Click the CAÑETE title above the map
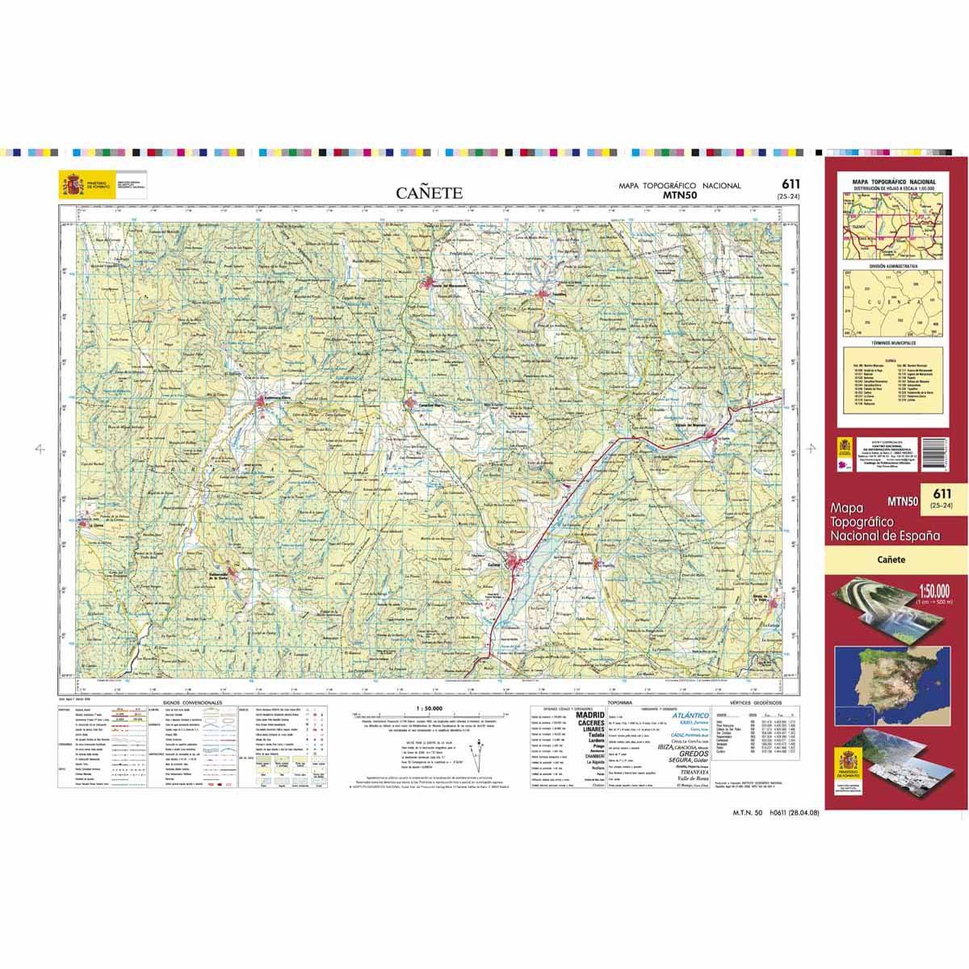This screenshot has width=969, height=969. click(x=429, y=193)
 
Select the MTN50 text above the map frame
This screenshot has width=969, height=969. click(x=679, y=195)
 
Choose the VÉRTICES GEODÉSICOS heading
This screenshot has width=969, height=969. click(x=760, y=703)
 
